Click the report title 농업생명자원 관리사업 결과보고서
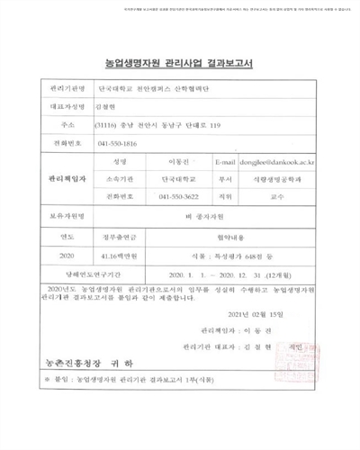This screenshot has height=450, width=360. [x=180, y=62]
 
